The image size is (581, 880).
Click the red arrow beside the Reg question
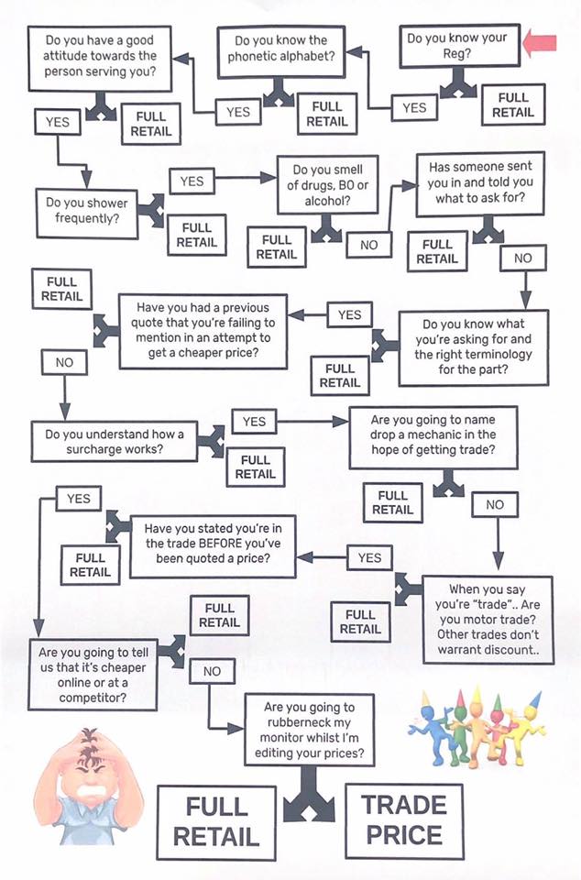point(539,44)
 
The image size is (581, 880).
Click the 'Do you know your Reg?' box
point(459,47)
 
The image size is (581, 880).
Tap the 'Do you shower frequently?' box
point(87,213)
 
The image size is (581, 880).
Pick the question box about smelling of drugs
point(328,184)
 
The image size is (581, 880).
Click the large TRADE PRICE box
point(404,820)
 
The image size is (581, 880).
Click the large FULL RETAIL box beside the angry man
point(216,822)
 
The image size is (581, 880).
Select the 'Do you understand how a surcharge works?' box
point(115,442)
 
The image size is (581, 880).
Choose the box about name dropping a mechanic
point(433,438)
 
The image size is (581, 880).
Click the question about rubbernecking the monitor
point(309,730)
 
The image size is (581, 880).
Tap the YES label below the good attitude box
point(57,122)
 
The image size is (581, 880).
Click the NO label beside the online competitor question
point(212,671)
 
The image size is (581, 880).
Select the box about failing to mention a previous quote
point(203,331)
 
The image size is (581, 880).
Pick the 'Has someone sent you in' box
point(480,183)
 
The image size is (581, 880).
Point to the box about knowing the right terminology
point(474,347)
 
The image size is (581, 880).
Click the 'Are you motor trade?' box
point(488,620)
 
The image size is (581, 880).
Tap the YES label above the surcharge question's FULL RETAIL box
point(254,422)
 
